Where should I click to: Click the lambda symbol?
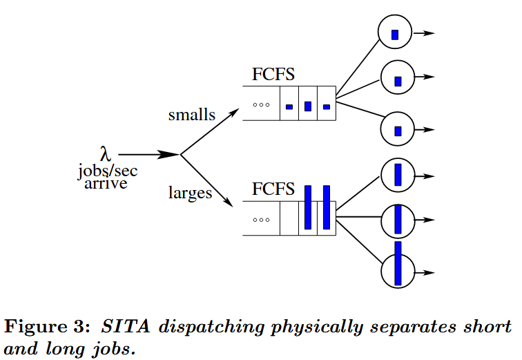(105, 153)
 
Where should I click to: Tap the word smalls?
(192, 115)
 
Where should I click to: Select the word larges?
(190, 193)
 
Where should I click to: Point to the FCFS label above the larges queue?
(274, 189)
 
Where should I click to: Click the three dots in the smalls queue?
(260, 105)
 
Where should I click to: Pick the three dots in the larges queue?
(260, 220)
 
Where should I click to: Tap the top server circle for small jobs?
(395, 32)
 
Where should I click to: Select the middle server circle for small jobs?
(397, 78)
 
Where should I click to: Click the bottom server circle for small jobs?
(397, 129)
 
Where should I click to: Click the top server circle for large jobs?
(398, 176)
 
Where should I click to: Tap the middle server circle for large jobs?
(398, 220)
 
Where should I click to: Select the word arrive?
(105, 184)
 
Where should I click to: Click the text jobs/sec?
(107, 171)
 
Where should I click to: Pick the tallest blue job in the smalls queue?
(308, 106)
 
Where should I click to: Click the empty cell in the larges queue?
(289, 218)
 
